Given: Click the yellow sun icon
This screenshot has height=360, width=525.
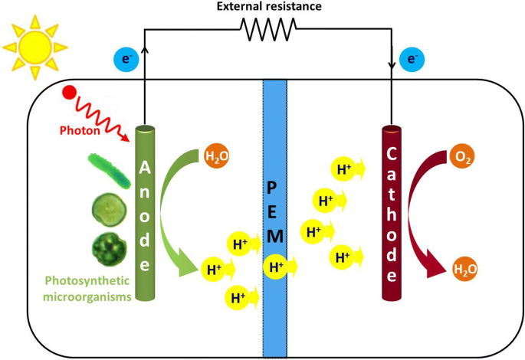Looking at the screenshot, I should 33,45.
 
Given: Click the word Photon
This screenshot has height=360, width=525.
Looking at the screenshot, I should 80,130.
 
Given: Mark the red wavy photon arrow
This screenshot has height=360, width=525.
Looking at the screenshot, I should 100,115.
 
